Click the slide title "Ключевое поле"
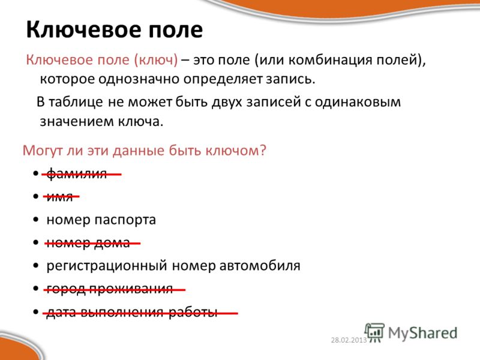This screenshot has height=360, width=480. [x=115, y=30]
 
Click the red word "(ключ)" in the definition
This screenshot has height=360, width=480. [x=156, y=59]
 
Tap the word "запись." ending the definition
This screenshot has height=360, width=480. [x=290, y=79]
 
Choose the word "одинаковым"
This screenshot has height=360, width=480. [x=358, y=102]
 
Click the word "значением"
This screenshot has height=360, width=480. [x=73, y=122]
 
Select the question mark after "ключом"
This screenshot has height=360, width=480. [x=263, y=150]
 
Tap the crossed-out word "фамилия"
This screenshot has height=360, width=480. [x=77, y=174]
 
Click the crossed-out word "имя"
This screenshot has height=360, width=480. [x=59, y=197]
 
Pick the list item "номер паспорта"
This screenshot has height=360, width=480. [x=101, y=220]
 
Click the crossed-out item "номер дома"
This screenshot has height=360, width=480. [x=88, y=243]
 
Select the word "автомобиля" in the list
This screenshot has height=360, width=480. [x=260, y=265]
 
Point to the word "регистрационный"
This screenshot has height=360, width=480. [x=107, y=265]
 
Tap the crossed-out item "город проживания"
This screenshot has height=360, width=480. [x=110, y=289]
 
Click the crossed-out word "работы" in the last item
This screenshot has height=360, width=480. [x=193, y=311]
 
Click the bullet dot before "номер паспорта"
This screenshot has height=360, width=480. [x=36, y=220]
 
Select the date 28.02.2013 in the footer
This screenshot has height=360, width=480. [x=349, y=340]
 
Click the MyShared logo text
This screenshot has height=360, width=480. [x=422, y=333]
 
